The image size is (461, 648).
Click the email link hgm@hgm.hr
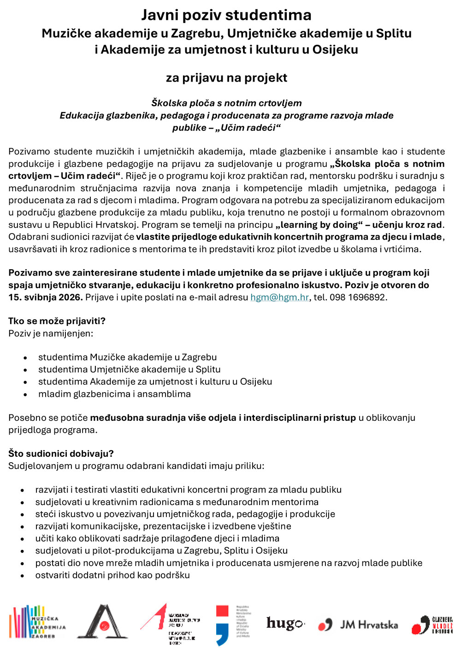pos(279,297)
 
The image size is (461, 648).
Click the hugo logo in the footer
pos(285,624)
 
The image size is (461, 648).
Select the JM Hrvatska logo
pos(358,625)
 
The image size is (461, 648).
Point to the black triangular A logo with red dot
pos(102,622)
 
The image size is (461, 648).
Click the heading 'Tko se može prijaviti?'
pos(57,321)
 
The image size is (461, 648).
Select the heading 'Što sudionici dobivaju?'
pos(61,454)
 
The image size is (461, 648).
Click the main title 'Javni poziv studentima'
pos(226,15)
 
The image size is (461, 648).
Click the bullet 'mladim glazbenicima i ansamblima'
pos(114,394)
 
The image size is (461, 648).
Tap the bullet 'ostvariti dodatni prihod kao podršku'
pos(112,575)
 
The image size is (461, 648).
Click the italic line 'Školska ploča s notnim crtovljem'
pos(226,103)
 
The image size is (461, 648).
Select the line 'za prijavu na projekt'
pos(226,77)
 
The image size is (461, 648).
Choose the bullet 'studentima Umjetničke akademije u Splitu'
pos(129,370)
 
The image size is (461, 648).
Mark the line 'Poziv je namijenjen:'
pos(51,333)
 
